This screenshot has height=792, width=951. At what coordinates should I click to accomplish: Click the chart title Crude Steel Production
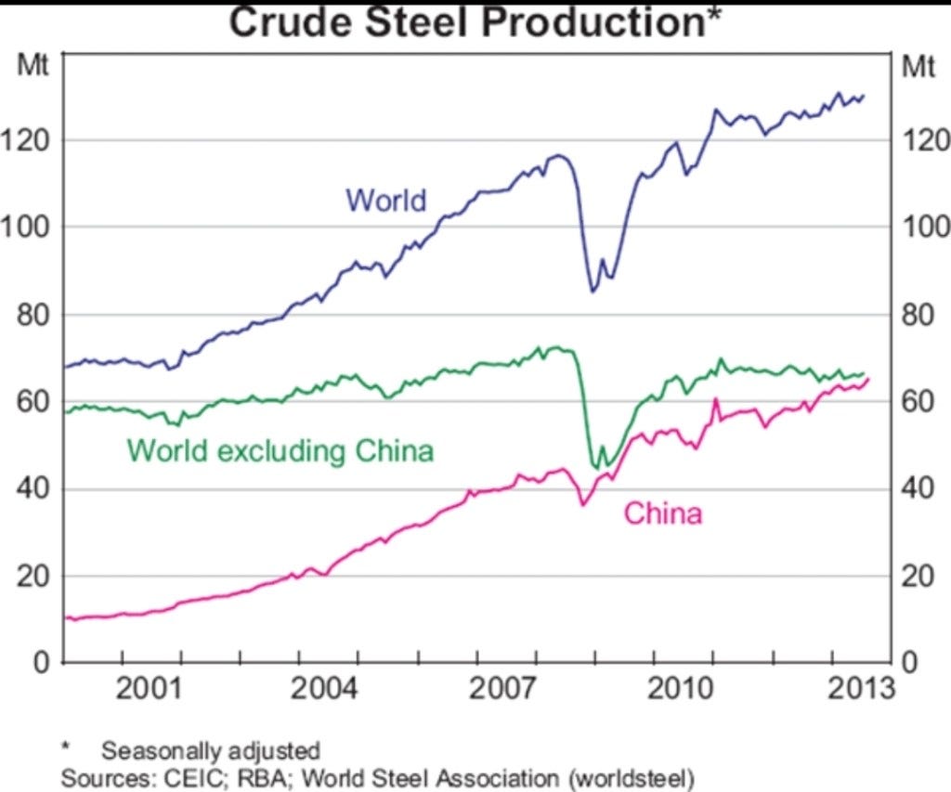[x=468, y=22]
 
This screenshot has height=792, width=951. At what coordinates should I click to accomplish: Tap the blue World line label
[x=386, y=201]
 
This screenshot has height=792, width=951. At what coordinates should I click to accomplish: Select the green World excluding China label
[x=280, y=451]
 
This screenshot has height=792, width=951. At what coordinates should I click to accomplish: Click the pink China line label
[x=663, y=513]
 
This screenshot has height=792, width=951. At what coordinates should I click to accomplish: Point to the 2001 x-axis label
[x=148, y=689]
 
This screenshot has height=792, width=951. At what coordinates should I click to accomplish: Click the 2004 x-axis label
[x=325, y=689]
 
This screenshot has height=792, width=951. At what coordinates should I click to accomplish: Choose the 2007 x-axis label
[x=502, y=689]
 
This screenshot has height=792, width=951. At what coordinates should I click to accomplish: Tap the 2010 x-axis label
[x=680, y=689]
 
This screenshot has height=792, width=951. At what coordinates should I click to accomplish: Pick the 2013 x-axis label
[x=861, y=689]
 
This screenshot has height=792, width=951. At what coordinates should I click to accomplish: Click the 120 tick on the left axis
[x=24, y=141]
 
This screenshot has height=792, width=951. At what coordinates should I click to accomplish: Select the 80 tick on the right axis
[x=918, y=315]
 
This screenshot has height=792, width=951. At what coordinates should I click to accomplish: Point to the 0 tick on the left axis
[x=41, y=662]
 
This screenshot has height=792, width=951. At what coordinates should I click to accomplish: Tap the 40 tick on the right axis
[x=918, y=488]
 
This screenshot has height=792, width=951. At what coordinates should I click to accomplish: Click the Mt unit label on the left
[x=33, y=65]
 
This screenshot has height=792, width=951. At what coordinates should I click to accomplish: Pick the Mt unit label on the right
[x=918, y=66]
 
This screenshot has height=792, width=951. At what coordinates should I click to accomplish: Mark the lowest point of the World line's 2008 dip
[x=593, y=292]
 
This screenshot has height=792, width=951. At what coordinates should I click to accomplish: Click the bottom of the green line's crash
[x=596, y=468]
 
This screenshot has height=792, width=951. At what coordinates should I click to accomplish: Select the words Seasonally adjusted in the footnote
[x=211, y=751]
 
